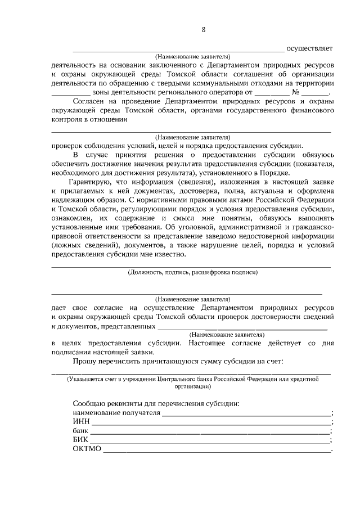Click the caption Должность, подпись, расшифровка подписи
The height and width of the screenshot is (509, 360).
[x=193, y=272]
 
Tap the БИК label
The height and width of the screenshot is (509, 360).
[x=81, y=440]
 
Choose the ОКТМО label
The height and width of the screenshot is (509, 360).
[x=86, y=449]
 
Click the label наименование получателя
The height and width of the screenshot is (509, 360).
[x=116, y=413]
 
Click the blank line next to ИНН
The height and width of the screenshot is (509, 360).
[x=211, y=423]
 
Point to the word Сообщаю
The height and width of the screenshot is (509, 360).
[x=90, y=404]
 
